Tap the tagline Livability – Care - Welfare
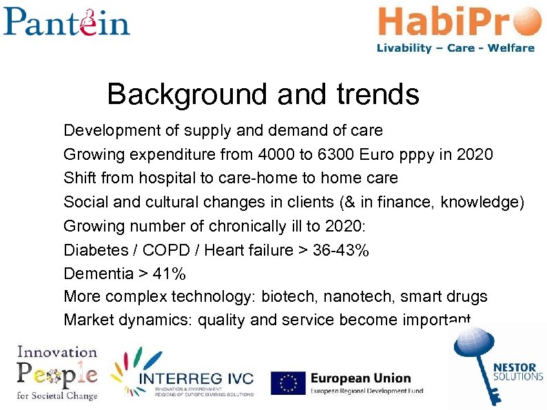(455, 48)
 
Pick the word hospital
(167, 178)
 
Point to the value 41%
(169, 274)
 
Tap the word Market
(86, 320)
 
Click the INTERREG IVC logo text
(196, 378)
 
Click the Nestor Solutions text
(518, 371)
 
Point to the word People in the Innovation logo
(57, 373)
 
